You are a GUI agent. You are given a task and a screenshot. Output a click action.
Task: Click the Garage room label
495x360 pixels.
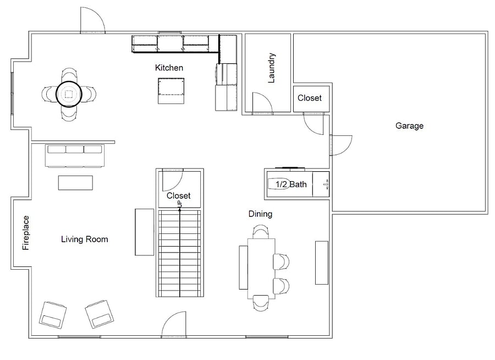tap(409, 126)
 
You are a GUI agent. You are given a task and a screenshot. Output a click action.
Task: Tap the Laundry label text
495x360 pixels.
tap(271, 68)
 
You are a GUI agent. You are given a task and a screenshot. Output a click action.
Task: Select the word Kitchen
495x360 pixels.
tap(169, 68)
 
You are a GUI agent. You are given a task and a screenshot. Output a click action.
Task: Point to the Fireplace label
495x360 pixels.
tap(25, 233)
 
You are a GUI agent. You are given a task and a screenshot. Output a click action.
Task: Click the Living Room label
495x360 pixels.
tap(84, 239)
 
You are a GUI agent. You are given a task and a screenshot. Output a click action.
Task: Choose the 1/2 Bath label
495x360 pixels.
tap(291, 184)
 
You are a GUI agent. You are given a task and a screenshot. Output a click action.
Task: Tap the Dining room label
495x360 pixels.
tap(260, 214)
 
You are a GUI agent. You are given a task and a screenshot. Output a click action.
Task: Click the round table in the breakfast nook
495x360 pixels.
tap(69, 94)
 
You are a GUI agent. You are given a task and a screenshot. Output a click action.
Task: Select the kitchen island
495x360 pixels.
tap(171, 91)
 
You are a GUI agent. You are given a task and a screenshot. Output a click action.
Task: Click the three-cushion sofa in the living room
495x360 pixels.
tap(74, 156)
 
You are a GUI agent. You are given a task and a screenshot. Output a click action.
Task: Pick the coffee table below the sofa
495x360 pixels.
tap(75, 183)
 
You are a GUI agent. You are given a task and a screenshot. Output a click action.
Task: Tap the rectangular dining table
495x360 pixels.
tap(261, 268)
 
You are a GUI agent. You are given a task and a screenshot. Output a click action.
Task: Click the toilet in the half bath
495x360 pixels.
tap(279, 184)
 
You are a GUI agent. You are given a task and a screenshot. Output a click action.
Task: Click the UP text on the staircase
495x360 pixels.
tap(180, 204)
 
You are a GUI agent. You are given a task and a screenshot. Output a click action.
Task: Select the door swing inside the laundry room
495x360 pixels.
tap(262, 102)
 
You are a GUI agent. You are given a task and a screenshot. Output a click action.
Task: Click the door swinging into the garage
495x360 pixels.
tap(341, 145)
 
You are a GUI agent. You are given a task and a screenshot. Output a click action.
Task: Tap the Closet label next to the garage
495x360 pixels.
tap(309, 98)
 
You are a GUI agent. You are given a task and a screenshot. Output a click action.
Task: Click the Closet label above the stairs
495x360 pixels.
tap(178, 195)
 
